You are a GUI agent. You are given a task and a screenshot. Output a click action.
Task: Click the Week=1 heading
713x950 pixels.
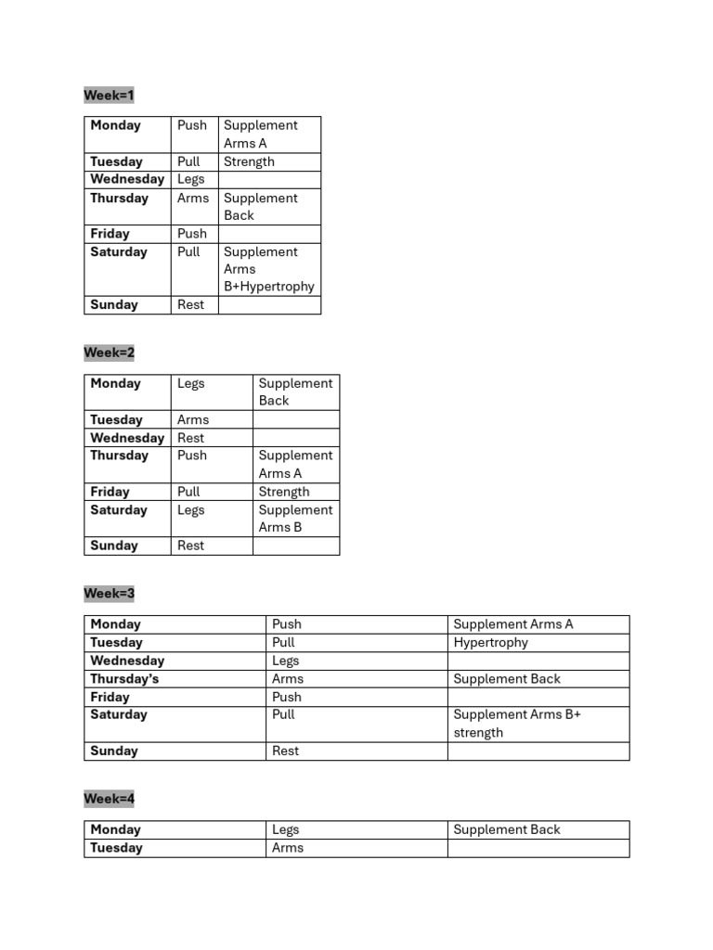(x=109, y=96)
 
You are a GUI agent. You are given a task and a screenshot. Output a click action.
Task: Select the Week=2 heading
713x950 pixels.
(x=109, y=353)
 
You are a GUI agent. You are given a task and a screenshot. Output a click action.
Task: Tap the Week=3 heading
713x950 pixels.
(x=109, y=593)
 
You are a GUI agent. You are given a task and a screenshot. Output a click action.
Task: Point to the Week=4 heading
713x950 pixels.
(x=109, y=799)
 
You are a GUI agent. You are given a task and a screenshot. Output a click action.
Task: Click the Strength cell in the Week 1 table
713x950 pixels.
(x=249, y=161)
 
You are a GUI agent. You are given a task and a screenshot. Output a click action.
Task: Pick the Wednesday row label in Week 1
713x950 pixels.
(x=127, y=179)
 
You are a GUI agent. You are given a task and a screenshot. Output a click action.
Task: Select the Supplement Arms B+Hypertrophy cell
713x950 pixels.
(x=268, y=269)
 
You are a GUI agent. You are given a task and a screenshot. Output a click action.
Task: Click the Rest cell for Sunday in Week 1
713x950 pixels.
(x=190, y=304)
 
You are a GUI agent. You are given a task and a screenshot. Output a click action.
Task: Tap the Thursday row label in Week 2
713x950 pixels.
(x=119, y=456)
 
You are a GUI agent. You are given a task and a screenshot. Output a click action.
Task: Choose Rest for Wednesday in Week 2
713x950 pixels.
(x=190, y=438)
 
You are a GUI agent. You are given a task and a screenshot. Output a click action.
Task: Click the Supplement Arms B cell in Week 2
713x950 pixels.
(x=295, y=519)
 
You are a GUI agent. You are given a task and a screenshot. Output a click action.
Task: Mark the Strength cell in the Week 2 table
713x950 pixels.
(x=284, y=492)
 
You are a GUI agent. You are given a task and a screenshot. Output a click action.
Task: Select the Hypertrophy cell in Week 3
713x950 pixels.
(x=490, y=642)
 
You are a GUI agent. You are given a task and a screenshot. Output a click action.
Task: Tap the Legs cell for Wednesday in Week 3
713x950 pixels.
(x=286, y=661)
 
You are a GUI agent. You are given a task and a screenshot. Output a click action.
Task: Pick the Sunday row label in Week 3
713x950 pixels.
(x=114, y=751)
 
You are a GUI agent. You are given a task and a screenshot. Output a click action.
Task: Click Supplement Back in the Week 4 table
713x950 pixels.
(x=507, y=829)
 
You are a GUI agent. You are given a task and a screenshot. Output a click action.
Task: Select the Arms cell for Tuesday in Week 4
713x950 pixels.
(x=288, y=848)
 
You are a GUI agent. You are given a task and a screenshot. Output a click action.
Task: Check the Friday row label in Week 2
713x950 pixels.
(x=110, y=492)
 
